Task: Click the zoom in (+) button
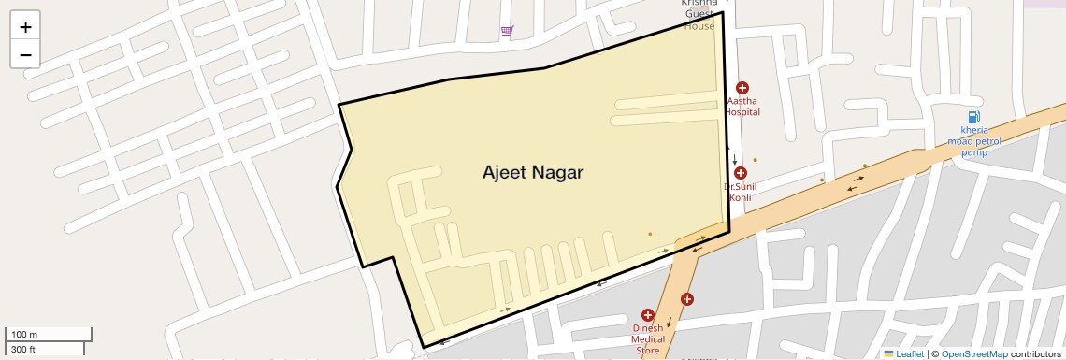coord(25,27)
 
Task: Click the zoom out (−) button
coord(25,54)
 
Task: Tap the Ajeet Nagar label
coord(532,172)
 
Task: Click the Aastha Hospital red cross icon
coord(742,88)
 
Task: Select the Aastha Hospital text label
coord(742,106)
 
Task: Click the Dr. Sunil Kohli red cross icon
coord(741,173)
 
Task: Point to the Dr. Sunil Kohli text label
coord(741,192)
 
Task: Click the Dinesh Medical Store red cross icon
coord(647,315)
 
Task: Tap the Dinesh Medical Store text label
coord(647,339)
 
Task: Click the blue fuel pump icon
coord(974,117)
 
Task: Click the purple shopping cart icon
coord(507,31)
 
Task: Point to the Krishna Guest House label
coord(699,15)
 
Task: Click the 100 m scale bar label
coord(24,334)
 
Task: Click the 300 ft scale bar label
coord(23,350)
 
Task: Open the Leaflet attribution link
coord(909,353)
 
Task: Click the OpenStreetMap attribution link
coord(973,353)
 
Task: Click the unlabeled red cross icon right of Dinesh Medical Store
coord(687,299)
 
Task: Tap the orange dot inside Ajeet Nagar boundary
coord(650,234)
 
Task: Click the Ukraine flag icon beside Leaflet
coord(888,353)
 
